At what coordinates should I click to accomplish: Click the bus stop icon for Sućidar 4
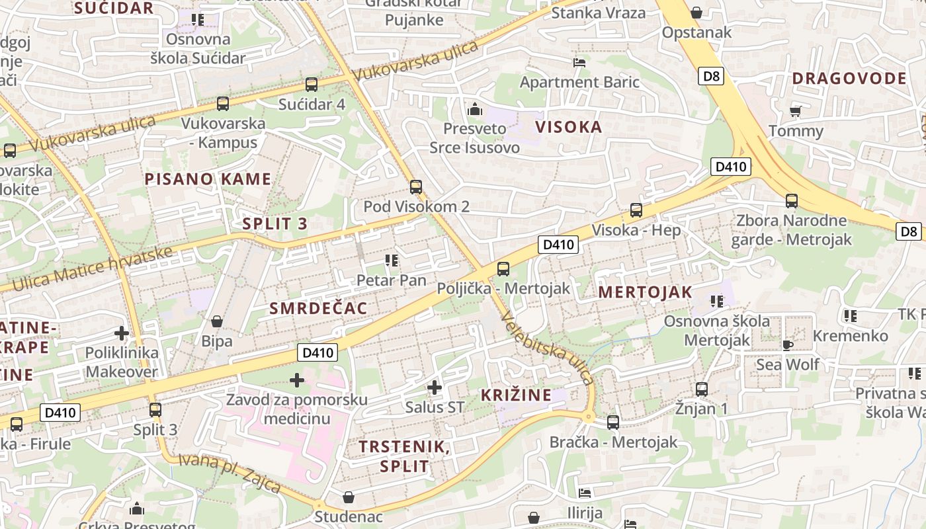[x=312, y=85]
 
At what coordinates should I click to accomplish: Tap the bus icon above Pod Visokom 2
[x=416, y=187]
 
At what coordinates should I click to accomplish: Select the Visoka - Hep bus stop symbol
[x=636, y=210]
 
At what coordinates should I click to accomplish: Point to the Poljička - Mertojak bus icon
[x=503, y=269]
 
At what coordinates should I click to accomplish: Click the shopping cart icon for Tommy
[x=796, y=110]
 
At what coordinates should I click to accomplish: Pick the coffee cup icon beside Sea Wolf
[x=787, y=345]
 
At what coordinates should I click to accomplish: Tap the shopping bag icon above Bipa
[x=217, y=322]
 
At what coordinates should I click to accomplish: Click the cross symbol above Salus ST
[x=435, y=387]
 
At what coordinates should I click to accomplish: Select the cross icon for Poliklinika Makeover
[x=122, y=333]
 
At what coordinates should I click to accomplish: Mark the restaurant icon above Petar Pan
[x=392, y=261]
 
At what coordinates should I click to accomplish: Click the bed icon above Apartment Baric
[x=579, y=63]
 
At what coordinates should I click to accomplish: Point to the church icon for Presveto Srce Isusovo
[x=474, y=109]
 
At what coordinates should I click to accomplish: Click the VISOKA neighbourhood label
[x=569, y=127]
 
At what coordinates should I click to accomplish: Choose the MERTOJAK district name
[x=646, y=292]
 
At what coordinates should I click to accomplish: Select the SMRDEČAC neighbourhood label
[x=318, y=308]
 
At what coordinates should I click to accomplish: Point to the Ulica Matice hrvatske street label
[x=93, y=269]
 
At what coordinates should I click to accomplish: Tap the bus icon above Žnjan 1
[x=702, y=389]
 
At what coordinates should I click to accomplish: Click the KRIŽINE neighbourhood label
[x=516, y=395]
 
